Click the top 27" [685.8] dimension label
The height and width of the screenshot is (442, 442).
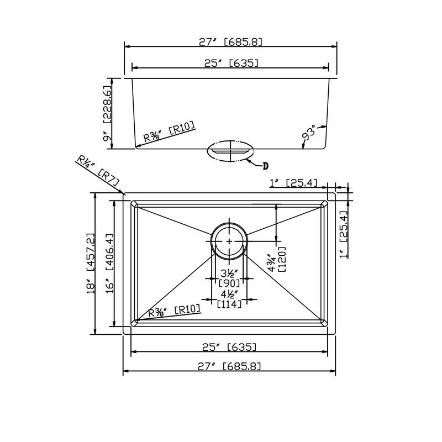point(230,41)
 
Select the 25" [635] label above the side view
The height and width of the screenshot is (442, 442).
point(230,63)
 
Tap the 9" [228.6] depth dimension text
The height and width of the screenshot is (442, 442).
point(107,113)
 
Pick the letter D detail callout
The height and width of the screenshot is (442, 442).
point(265,165)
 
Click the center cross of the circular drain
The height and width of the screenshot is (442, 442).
point(229,241)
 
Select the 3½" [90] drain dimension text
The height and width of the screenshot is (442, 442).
point(229,278)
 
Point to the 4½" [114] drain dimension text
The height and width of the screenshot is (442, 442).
point(229,299)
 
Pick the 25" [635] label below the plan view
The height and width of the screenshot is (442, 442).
point(230,347)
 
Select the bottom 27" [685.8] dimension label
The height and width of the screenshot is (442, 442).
point(230,366)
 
